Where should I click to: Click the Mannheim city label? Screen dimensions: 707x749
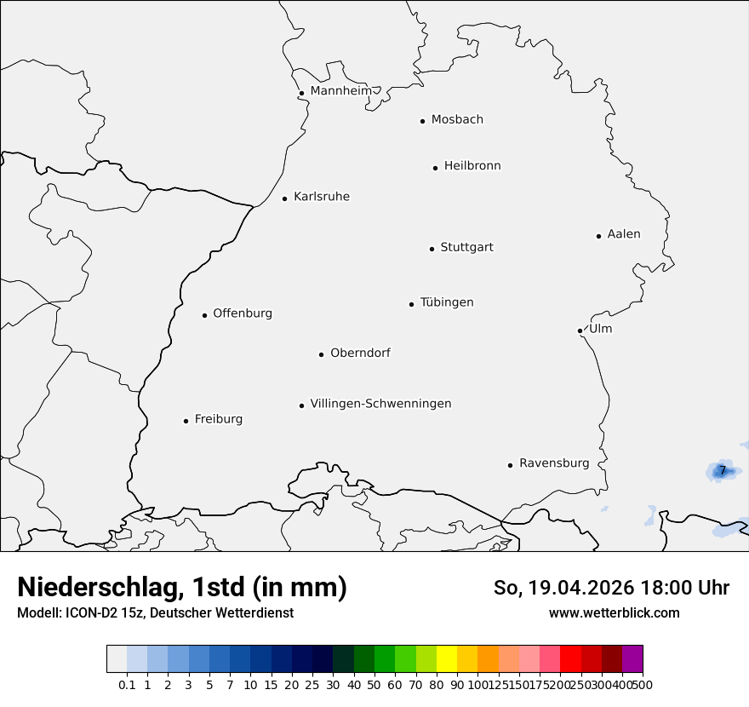click(340, 90)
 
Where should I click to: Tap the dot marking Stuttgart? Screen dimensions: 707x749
click(432, 249)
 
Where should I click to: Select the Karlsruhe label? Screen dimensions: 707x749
click(322, 197)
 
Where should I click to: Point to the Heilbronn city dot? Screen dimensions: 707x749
click(435, 168)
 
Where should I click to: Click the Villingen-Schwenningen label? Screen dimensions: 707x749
click(380, 404)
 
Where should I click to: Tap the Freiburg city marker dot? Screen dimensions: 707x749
click(186, 421)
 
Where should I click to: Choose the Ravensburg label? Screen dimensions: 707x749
click(554, 463)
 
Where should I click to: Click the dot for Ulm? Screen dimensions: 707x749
click(580, 331)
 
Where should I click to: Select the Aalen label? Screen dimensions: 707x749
click(624, 234)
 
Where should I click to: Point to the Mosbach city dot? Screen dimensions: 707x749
click(422, 121)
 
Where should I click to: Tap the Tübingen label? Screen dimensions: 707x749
click(447, 302)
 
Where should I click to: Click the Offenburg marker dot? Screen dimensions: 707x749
click(204, 315)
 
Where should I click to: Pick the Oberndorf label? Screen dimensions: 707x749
click(360, 353)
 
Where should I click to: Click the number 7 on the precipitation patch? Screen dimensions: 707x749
click(723, 470)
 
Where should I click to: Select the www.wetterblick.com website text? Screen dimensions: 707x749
click(615, 612)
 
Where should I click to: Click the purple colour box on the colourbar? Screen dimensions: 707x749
click(632, 659)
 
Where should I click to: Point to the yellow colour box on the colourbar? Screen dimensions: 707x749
click(447, 659)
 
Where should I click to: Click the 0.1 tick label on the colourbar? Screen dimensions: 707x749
click(127, 684)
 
